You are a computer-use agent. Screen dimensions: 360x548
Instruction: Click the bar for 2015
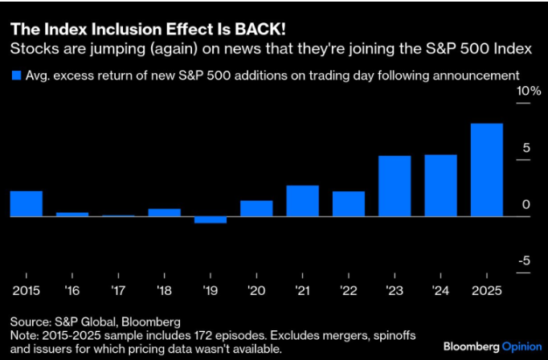point(26,204)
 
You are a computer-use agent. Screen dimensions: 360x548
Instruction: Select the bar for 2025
point(487,170)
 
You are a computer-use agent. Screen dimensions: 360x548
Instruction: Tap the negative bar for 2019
point(211,220)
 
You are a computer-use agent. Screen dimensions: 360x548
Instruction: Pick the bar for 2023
point(395,186)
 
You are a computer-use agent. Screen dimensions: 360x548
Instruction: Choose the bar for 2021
point(303,201)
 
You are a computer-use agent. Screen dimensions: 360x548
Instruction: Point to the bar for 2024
point(440,186)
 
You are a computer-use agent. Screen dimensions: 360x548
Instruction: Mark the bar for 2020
point(256,209)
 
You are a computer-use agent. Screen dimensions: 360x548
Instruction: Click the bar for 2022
point(349,204)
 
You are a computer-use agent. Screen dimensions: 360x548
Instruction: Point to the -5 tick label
point(523,260)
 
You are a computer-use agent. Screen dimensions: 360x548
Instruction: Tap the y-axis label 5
point(526,148)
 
